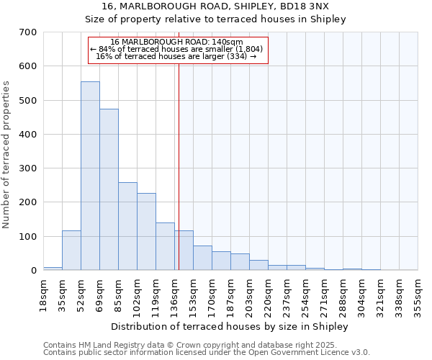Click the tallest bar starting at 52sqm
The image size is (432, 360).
[90, 176]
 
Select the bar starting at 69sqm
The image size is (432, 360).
[109, 190]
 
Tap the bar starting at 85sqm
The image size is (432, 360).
[127, 227]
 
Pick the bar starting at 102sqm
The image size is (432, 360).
[146, 232]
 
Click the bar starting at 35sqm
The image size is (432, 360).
[71, 251]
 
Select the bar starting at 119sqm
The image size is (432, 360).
[165, 247]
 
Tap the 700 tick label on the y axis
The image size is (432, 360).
[28, 32]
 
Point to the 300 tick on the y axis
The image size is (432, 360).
[28, 168]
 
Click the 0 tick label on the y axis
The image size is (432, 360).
[33, 271]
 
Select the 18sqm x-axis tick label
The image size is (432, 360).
[43, 292]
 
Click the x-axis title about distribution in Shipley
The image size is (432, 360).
[230, 326]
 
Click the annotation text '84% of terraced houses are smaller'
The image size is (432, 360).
[177, 49]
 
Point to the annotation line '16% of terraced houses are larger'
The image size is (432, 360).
[177, 56]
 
